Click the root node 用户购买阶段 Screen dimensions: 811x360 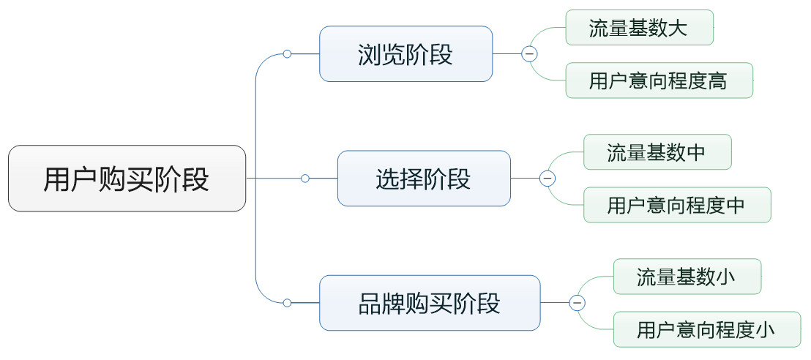click(x=127, y=179)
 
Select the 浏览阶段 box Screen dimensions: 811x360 click(x=406, y=54)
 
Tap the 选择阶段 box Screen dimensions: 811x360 click(x=424, y=179)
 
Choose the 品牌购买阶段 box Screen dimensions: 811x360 click(x=430, y=303)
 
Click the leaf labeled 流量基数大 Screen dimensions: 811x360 click(x=639, y=27)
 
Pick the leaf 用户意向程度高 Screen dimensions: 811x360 click(x=659, y=80)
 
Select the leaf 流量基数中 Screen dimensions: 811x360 click(x=657, y=152)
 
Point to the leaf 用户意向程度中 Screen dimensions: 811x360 click(x=677, y=205)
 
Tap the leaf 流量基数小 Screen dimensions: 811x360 click(x=687, y=277)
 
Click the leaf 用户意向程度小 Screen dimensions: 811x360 click(x=706, y=329)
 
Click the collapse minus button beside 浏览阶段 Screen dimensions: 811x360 click(x=529, y=54)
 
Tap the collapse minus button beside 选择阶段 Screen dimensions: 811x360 click(x=547, y=179)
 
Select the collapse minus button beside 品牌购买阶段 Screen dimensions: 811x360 click(x=578, y=303)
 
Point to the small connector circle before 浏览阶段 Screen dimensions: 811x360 click(x=287, y=54)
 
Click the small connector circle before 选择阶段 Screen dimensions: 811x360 click(x=305, y=179)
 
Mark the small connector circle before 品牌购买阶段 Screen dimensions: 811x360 click(x=287, y=303)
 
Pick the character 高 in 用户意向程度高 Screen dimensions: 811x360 click(x=718, y=80)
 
